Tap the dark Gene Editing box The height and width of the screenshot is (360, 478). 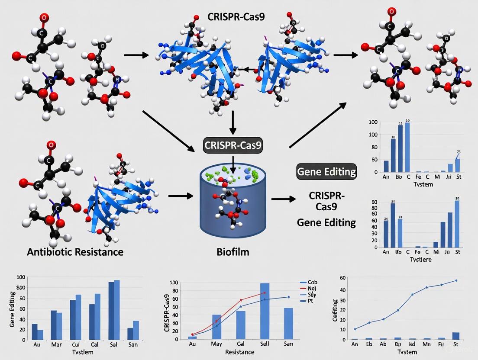[x=326, y=172]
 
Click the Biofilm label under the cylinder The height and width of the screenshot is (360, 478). [x=233, y=252]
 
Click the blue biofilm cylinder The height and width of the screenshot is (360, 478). [x=233, y=203]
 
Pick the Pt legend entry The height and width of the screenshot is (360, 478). [x=310, y=301]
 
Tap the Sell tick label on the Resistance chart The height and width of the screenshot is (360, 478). [x=265, y=344]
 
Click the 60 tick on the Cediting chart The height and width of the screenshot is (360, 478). [x=343, y=278]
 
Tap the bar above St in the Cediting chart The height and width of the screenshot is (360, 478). [x=456, y=336]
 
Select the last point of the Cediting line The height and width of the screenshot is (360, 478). [x=456, y=280]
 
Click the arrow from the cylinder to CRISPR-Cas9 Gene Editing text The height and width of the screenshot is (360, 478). [x=283, y=199]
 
